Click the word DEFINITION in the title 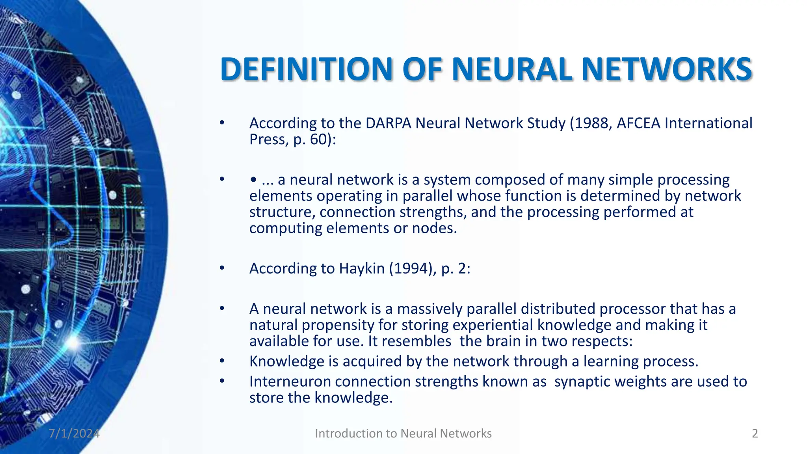(306, 69)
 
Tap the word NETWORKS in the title (667, 69)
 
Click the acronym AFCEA (638, 123)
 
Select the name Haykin (362, 269)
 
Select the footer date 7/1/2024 (74, 434)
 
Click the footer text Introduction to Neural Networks (403, 434)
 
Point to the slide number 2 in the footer (755, 434)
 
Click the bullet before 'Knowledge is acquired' (222, 361)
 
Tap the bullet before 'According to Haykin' (222, 268)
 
